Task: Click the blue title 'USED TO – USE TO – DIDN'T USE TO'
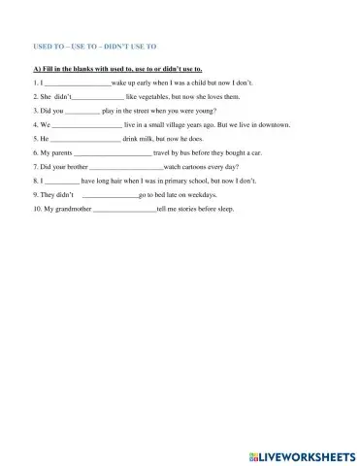95,45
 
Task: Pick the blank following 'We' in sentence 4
86,125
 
